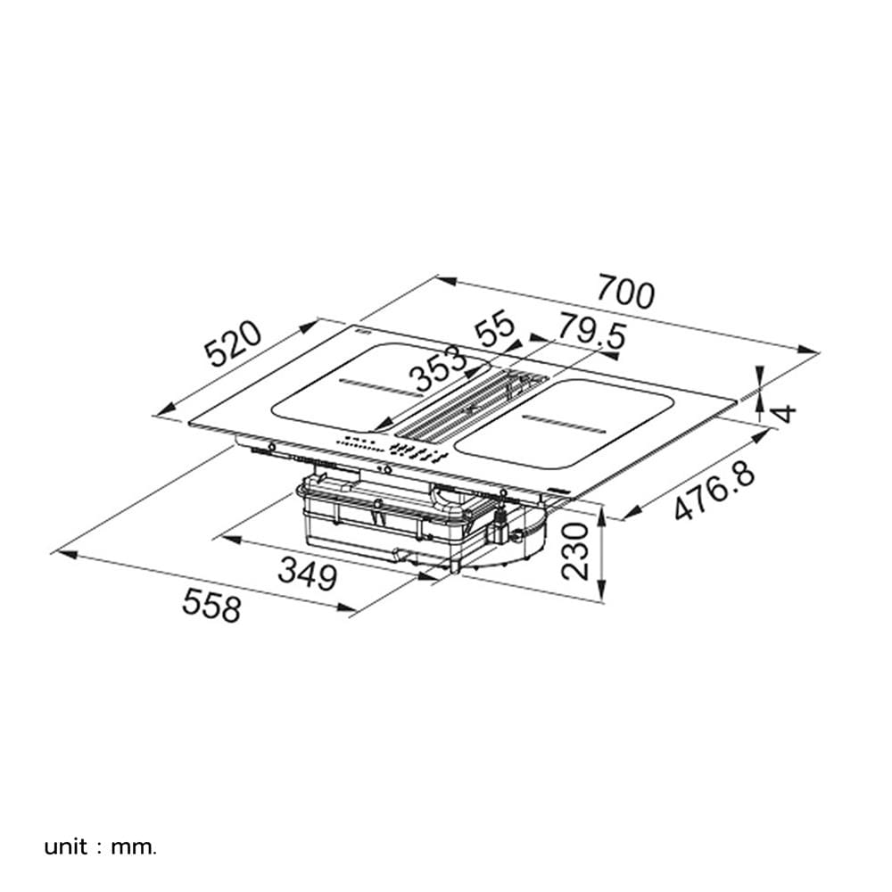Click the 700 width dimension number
coord(626,293)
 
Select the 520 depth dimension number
coord(234,343)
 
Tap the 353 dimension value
coord(439,368)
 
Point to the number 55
coord(495,329)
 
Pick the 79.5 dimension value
coord(591,332)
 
